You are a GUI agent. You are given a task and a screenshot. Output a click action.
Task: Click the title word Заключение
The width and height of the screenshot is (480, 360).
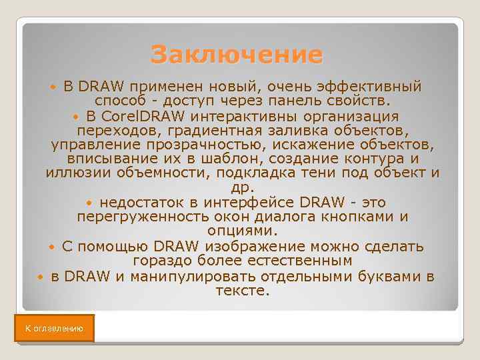click(236, 55)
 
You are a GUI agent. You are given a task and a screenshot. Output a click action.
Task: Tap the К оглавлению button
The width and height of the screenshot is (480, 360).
click(54, 329)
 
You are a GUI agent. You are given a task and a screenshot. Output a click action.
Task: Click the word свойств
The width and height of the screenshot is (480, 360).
click(361, 101)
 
